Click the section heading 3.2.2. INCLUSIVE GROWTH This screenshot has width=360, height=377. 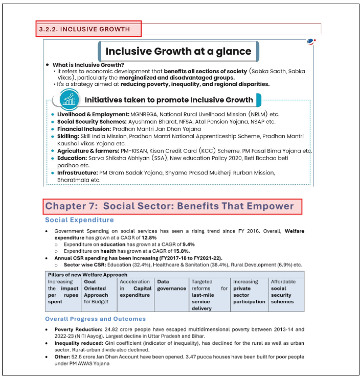(x=88, y=29)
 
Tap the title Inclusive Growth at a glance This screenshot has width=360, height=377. (x=178, y=51)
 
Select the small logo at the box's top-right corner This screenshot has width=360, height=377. (x=311, y=41)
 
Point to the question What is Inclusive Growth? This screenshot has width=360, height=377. (x=88, y=65)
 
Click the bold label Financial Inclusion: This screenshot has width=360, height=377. (x=84, y=129)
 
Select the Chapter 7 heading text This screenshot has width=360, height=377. (x=170, y=206)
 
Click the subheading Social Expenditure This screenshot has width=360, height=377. (x=79, y=220)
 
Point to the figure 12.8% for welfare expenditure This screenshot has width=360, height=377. (x=149, y=238)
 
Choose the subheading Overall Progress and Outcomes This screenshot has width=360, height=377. (x=95, y=319)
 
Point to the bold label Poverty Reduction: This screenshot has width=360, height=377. (x=78, y=329)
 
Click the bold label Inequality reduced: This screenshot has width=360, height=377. (x=78, y=343)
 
